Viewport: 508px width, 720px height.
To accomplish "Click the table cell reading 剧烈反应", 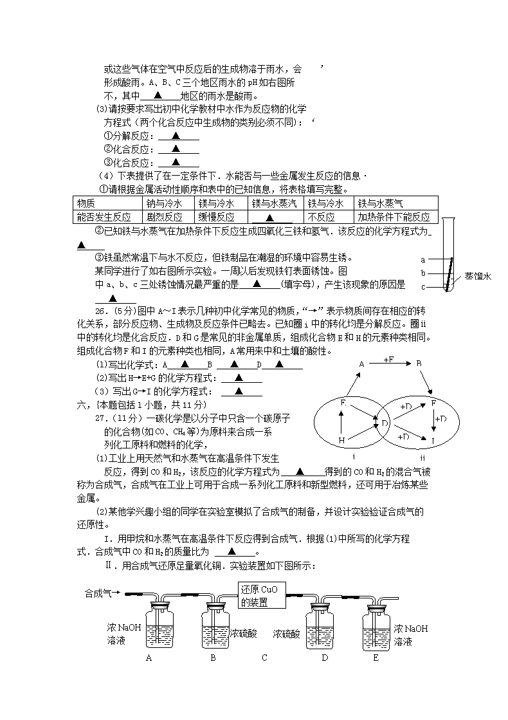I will point(164,217).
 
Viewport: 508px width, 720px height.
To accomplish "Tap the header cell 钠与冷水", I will point(164,203).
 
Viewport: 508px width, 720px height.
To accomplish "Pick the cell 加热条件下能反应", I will point(394,217).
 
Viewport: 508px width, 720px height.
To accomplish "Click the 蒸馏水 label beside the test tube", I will point(478,276).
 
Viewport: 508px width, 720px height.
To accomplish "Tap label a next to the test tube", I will point(422,260).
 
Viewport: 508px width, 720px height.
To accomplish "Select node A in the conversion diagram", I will point(361,364).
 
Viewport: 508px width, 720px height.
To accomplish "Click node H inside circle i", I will point(341,441).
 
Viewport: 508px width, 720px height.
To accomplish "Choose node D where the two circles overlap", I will point(384,423).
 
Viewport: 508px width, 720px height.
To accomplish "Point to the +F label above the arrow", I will point(388,360).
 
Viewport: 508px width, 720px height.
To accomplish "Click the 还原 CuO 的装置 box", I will point(262,596).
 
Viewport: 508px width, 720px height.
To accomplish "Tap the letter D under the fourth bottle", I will point(325,658).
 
